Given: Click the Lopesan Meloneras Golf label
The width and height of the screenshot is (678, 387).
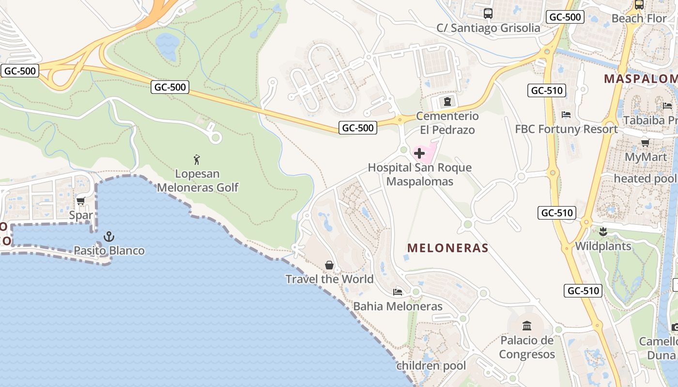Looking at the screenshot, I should (198, 180).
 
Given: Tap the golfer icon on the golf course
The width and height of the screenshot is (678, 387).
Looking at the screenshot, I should (196, 160).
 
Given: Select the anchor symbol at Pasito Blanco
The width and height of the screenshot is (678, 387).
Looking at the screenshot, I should (109, 237).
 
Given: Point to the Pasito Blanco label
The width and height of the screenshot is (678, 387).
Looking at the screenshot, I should (109, 251).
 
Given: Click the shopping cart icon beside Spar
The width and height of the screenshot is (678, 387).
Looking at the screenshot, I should (80, 201).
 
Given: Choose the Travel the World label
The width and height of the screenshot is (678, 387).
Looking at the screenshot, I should (329, 279).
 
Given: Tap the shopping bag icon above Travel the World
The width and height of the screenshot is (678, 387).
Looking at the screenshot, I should (329, 265).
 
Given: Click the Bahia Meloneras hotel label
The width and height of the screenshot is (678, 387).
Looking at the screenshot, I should (398, 306).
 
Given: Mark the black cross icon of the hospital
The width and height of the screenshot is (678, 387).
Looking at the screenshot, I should (419, 154).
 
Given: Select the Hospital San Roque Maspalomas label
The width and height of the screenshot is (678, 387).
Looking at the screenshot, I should (419, 175).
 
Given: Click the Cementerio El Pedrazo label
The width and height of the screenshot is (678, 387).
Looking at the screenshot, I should (447, 123).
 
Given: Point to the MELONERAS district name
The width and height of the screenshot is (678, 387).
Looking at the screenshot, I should (447, 248).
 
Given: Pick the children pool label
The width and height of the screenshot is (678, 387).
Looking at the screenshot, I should (431, 366).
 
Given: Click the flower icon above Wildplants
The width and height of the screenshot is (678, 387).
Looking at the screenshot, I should (603, 232).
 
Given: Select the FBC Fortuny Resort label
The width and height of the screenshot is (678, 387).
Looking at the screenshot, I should (566, 129).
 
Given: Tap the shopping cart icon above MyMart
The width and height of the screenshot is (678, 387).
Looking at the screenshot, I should (645, 143).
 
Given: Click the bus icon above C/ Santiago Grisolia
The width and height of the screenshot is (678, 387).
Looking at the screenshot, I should (488, 14).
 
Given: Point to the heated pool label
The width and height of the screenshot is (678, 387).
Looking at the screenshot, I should (645, 179).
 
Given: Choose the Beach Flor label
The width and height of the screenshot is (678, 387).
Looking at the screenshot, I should (639, 18).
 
